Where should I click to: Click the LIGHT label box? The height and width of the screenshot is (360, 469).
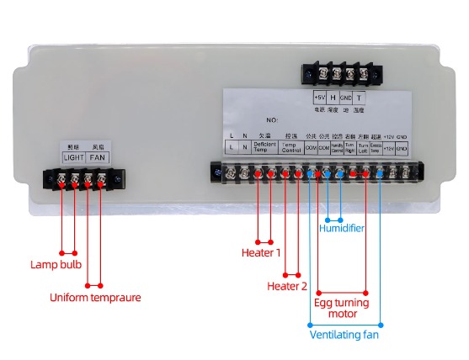coord(74,156)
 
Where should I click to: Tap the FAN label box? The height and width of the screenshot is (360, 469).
coord(97,156)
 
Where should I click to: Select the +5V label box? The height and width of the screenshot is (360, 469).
coord(319,98)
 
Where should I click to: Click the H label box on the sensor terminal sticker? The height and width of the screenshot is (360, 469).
coord(333,98)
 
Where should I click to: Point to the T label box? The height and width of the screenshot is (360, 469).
coord(359,98)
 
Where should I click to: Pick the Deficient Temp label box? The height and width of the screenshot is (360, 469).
coord(264,147)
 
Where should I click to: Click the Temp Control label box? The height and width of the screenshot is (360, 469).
coord(290,147)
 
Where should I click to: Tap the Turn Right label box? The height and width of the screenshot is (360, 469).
coord(349,147)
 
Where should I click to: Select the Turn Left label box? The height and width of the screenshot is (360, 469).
coord(363,147)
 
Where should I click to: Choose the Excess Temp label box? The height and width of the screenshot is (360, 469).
coord(376,147)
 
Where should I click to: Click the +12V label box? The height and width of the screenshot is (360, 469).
coord(389,147)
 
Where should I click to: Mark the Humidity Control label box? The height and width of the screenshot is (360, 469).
coord(337,147)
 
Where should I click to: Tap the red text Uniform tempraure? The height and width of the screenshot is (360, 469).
coord(94,297)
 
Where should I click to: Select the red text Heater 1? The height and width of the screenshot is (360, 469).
coord(261,251)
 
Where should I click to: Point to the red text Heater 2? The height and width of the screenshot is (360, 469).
coord(287,286)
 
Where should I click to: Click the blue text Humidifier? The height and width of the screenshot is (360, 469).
coord(342,226)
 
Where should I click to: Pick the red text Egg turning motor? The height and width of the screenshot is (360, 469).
coord(336,307)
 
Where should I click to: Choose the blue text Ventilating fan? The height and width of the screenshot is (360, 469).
coord(345,335)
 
